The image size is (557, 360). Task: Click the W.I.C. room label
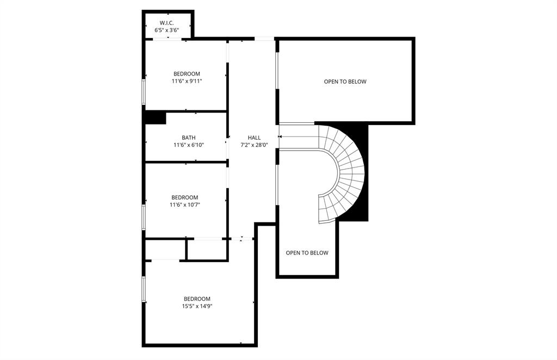pos(166,23)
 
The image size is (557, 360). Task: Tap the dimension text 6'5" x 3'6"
pos(166,30)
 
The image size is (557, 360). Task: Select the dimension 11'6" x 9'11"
pos(187,81)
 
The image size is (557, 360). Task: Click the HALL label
pos(254,138)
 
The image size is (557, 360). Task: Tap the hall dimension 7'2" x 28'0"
pos(254,145)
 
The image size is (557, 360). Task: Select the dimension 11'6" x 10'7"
pos(185,205)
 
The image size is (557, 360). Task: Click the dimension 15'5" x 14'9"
pos(197,306)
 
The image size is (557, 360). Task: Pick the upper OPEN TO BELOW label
pos(345,82)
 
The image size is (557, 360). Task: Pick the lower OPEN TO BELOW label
pos(307,253)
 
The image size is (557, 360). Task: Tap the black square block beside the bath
pos(156,117)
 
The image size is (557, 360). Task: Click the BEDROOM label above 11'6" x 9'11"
pos(187,74)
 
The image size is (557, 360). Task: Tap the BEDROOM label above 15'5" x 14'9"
pos(197,299)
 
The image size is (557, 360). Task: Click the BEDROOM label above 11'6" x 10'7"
pos(185,197)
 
